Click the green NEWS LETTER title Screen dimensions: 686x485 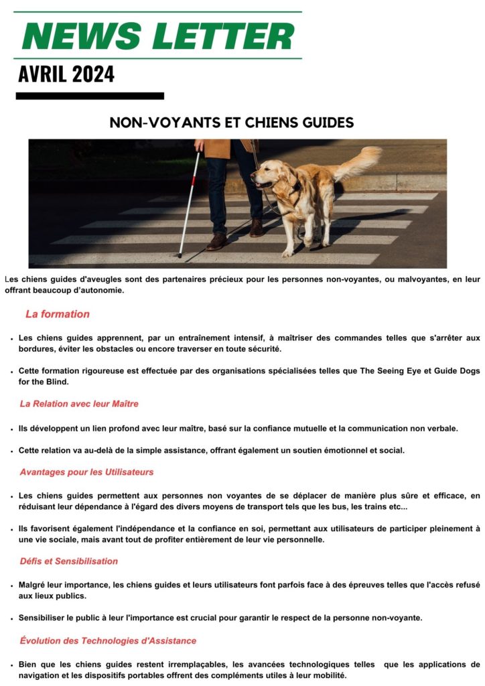tap(158, 36)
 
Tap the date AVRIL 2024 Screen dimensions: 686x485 tap(66, 74)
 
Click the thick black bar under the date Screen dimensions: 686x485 tap(90, 96)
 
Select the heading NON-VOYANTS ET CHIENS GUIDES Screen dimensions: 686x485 tap(231, 123)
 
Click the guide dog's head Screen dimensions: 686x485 tap(269, 174)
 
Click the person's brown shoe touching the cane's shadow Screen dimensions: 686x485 tap(217, 241)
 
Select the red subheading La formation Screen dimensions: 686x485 tap(58, 314)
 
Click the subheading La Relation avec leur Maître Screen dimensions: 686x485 tap(79, 404)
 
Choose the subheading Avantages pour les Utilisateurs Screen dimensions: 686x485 tap(86, 472)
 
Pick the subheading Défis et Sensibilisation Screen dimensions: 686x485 tap(68, 561)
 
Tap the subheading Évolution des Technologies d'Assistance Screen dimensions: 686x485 tap(108, 641)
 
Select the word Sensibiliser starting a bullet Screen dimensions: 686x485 tap(46, 618)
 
